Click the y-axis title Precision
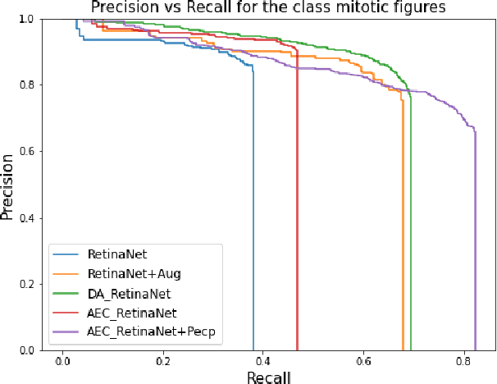tap(8, 185)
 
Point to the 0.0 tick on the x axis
tap(62, 359)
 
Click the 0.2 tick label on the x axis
tap(163, 359)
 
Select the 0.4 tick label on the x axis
tap(264, 359)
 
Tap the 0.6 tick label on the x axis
tap(364, 359)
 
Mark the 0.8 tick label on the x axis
tap(465, 359)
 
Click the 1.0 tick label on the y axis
tap(27, 19)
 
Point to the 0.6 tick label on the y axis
tap(27, 152)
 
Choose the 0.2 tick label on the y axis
tap(27, 284)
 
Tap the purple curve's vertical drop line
tap(475, 246)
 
